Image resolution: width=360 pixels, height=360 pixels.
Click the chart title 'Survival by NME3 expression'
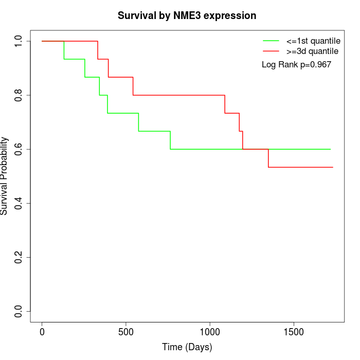tap(187, 15)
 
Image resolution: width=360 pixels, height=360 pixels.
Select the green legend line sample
tap(271, 41)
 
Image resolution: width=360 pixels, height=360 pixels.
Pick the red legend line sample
tap(271, 51)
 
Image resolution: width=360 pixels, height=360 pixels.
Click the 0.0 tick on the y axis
tap(19, 311)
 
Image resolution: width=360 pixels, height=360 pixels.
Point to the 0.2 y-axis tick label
tap(19, 257)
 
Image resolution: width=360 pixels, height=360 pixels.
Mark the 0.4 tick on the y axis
tap(19, 203)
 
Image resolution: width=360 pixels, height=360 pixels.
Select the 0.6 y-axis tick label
tap(19, 149)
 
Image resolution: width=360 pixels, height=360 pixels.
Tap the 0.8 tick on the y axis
tap(19, 95)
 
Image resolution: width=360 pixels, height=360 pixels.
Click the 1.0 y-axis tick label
tap(19, 41)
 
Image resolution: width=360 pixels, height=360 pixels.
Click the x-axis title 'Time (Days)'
tap(187, 347)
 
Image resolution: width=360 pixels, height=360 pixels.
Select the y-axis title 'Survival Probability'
tap(5, 176)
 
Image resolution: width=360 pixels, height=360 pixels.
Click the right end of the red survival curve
tap(333, 167)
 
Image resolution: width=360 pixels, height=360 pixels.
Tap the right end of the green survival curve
tap(330, 149)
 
